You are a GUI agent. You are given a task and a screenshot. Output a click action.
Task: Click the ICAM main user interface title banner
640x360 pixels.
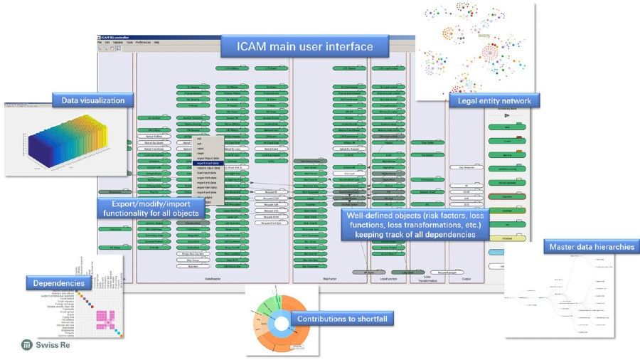305,47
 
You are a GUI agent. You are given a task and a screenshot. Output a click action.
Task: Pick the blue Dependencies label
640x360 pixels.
58,284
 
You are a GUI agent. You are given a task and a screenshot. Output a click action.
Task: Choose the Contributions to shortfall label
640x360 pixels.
342,319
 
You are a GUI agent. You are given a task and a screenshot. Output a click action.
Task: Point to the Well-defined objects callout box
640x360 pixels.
415,225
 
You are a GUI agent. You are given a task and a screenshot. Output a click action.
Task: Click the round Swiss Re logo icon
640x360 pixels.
26,345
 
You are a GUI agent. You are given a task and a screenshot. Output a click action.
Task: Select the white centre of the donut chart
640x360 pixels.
279,322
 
